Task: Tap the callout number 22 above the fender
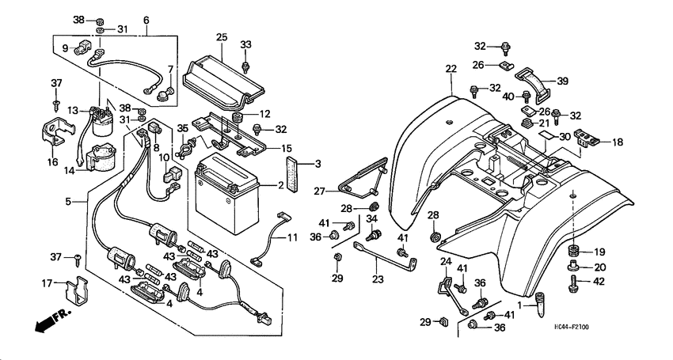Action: (451, 70)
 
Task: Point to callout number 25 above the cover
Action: (221, 38)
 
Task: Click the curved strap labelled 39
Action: (532, 82)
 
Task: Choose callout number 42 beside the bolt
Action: (599, 281)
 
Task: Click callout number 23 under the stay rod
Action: (377, 279)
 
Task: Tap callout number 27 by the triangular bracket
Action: (319, 191)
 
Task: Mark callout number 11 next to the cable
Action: (292, 237)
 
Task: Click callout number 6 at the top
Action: (146, 20)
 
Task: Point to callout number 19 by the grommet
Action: (599, 252)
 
